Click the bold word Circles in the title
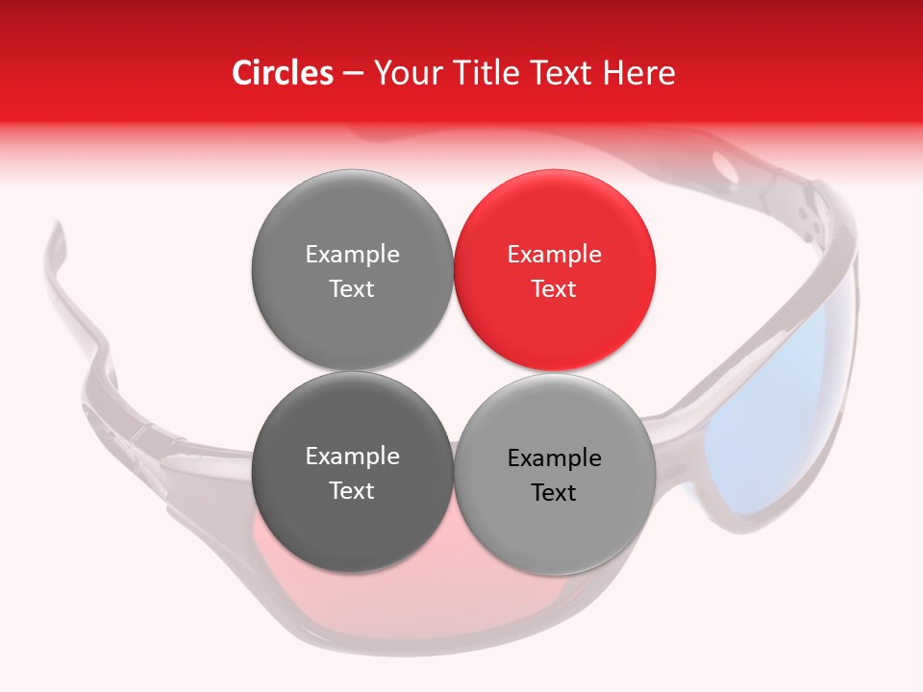coord(282,73)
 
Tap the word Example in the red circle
coord(555,255)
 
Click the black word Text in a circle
coord(554,493)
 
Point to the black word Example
coord(555,458)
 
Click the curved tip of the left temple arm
coord(55,240)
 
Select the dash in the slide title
coord(352,73)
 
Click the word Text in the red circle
coord(554,288)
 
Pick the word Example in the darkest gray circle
coord(352,457)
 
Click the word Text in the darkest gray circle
coord(352,490)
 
